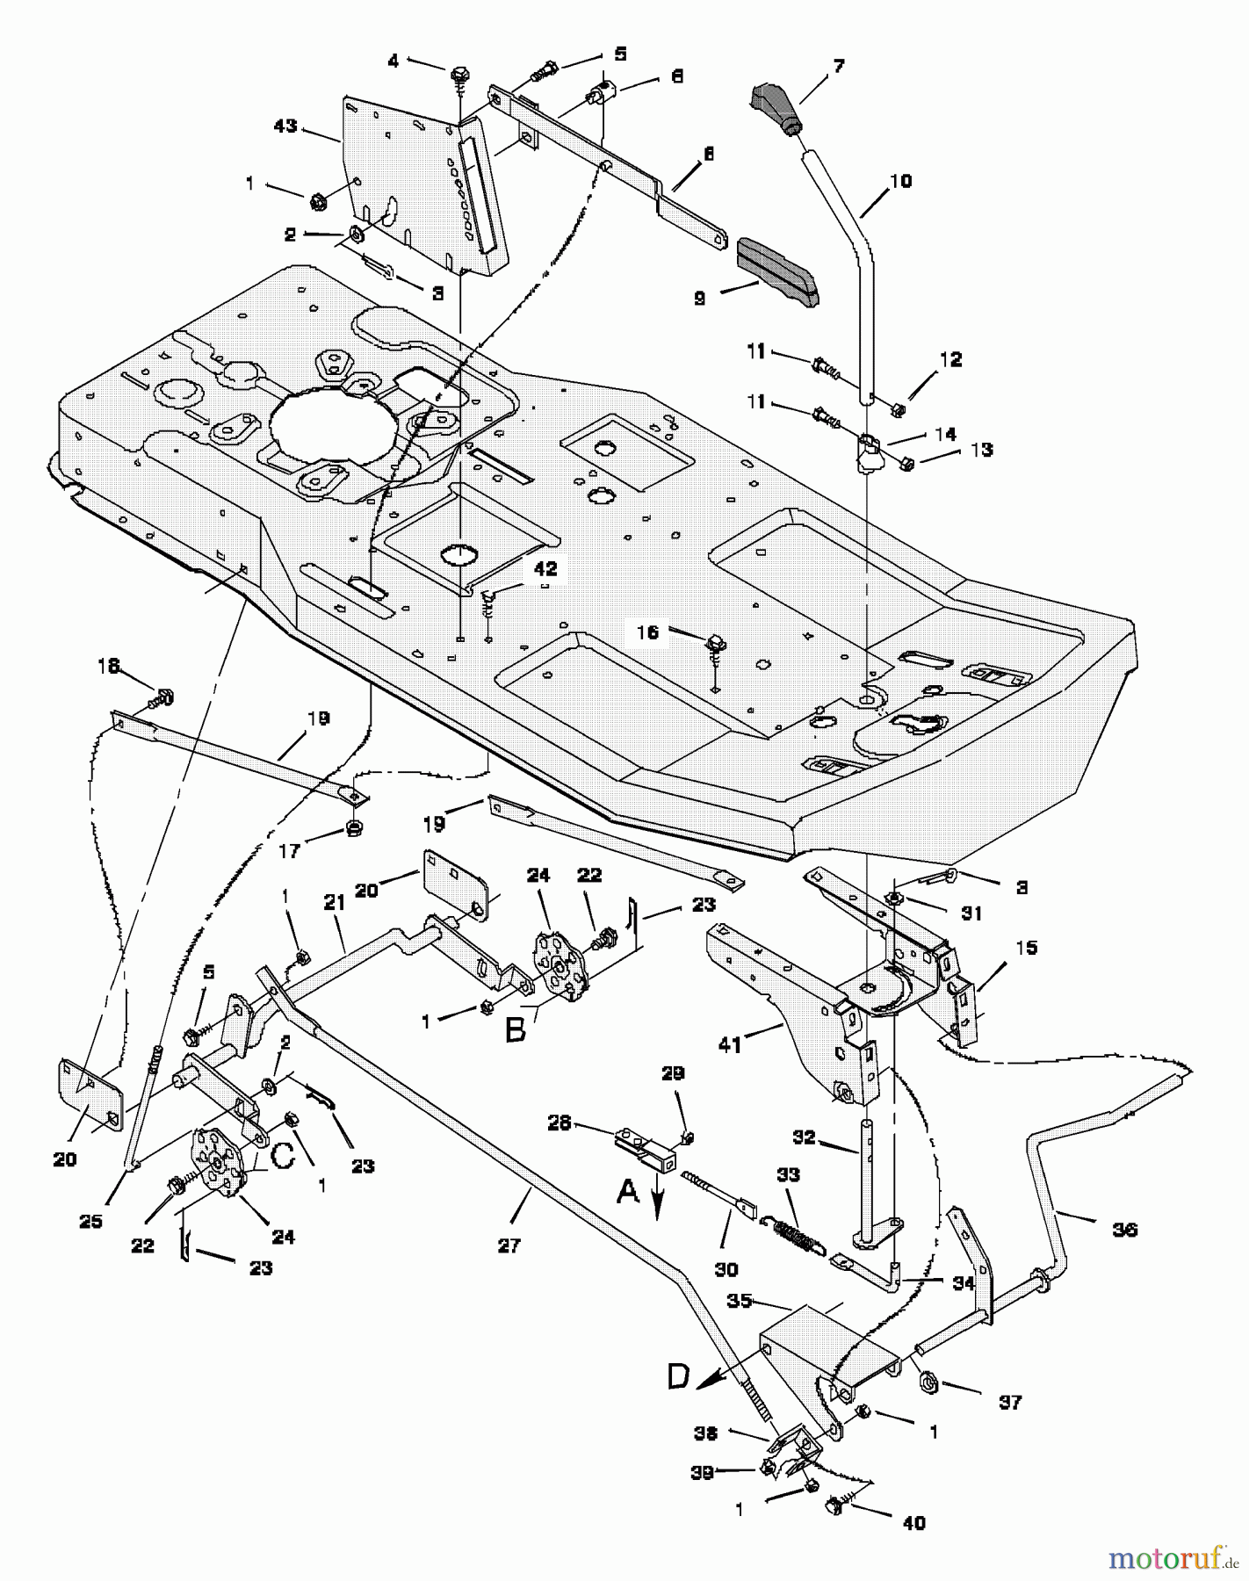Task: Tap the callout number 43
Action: pyautogui.click(x=285, y=126)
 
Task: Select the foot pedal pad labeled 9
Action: pyautogui.click(x=777, y=272)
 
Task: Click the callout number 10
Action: pyautogui.click(x=900, y=182)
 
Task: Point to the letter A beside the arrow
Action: pyautogui.click(x=628, y=1191)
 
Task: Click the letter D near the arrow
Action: pyautogui.click(x=679, y=1376)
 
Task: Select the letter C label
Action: pyautogui.click(x=281, y=1157)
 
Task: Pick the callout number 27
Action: pyautogui.click(x=509, y=1245)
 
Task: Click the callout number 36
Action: pyautogui.click(x=1124, y=1230)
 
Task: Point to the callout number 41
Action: pyautogui.click(x=730, y=1044)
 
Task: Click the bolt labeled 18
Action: pyautogui.click(x=161, y=698)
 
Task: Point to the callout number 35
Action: pyautogui.click(x=740, y=1300)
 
